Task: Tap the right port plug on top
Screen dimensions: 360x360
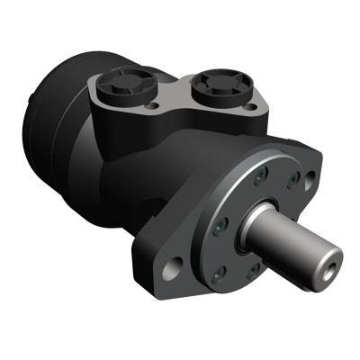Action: (x=217, y=87)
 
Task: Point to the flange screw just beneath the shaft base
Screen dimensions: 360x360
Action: (x=255, y=267)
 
